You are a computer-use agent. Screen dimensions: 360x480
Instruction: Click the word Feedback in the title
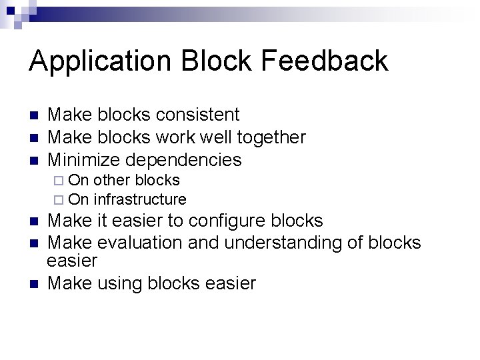tap(325, 61)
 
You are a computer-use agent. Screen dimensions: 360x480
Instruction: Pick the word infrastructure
tap(140, 199)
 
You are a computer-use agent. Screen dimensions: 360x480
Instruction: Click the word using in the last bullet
tap(122, 284)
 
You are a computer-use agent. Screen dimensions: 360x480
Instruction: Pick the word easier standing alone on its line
tap(73, 261)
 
